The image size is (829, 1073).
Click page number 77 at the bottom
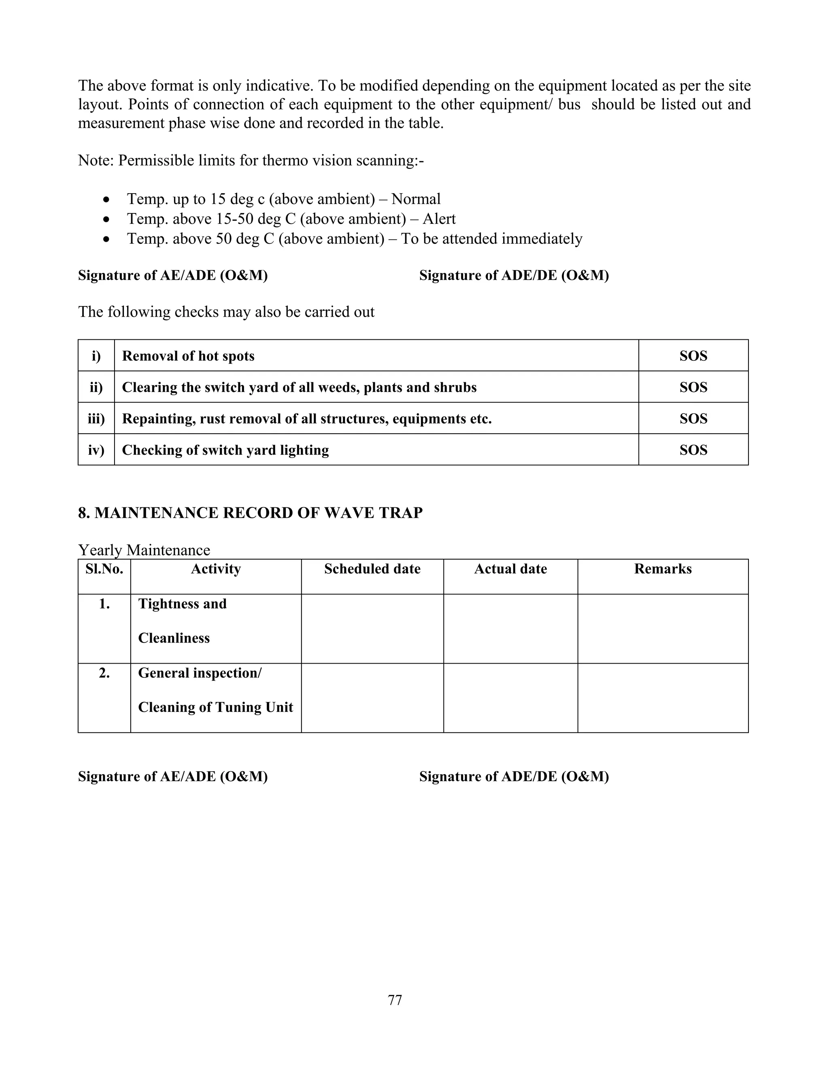click(395, 1000)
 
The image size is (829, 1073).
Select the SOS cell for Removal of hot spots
click(693, 356)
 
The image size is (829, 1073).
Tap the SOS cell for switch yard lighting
click(693, 450)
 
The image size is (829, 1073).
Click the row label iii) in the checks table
click(96, 419)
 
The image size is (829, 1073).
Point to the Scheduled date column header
click(372, 569)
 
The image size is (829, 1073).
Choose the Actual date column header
click(510, 569)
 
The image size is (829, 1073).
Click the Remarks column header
click(663, 569)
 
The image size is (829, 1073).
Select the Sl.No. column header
click(104, 569)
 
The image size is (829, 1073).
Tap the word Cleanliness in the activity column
click(174, 638)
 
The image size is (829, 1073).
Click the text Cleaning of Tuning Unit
click(216, 707)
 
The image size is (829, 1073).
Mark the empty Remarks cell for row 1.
click(663, 629)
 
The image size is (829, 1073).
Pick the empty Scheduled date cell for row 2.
click(372, 698)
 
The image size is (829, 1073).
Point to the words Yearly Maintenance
click(144, 550)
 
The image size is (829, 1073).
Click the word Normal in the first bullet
click(416, 199)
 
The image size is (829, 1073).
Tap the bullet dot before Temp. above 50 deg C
click(106, 239)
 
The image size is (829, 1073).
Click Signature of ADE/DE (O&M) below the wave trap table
click(514, 776)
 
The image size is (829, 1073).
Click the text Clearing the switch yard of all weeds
click(299, 387)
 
